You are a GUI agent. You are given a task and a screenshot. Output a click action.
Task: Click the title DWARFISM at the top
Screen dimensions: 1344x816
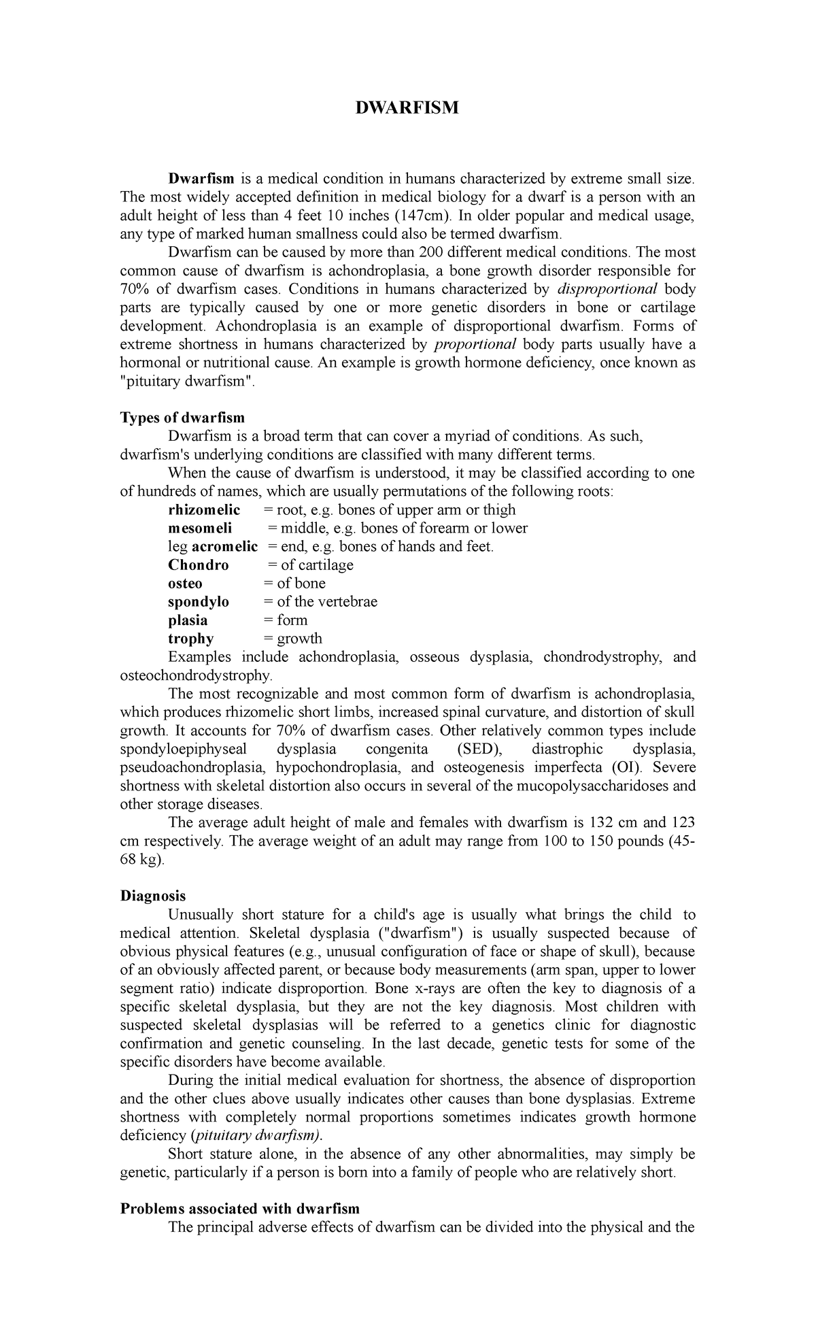click(408, 107)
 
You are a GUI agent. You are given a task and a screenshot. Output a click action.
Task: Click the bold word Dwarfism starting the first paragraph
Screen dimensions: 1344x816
click(201, 179)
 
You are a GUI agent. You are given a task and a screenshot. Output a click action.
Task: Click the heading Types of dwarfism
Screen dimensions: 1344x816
click(182, 418)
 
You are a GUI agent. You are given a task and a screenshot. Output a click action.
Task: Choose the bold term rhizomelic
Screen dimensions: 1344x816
click(204, 509)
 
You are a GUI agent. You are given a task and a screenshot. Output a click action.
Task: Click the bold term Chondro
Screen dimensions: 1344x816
click(199, 565)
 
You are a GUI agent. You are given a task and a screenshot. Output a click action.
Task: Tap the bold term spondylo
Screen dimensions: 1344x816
click(199, 601)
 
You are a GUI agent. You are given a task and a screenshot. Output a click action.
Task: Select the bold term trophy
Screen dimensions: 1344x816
click(191, 638)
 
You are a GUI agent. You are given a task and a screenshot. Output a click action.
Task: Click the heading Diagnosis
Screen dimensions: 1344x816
click(153, 896)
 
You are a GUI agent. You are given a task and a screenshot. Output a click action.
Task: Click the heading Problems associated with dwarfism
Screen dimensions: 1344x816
click(240, 1209)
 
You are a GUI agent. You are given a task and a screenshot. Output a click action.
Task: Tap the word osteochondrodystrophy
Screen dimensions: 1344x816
click(195, 675)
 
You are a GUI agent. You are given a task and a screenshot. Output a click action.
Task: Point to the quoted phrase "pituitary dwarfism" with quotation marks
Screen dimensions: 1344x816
click(186, 381)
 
